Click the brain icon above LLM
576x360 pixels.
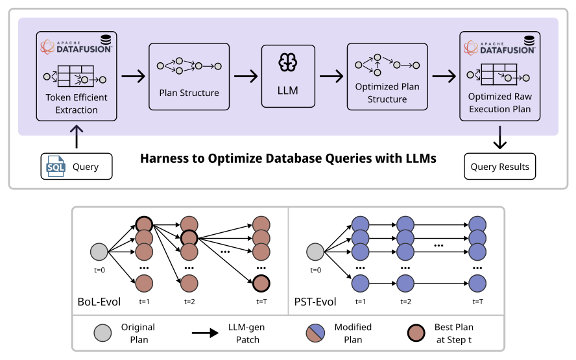[x=287, y=62]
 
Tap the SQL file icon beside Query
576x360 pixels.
[x=56, y=167]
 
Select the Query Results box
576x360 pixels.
[x=499, y=167]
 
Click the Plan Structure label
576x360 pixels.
[x=189, y=93]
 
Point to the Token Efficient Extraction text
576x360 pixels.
[x=76, y=104]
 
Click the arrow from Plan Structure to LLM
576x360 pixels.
[x=245, y=76]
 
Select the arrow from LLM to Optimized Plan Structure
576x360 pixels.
[x=331, y=76]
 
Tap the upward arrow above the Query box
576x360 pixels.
[x=76, y=136]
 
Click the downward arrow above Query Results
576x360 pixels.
[x=499, y=137]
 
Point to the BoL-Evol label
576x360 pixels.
[x=99, y=302]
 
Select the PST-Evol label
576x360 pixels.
[x=315, y=302]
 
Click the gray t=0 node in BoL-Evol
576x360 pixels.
[x=99, y=251]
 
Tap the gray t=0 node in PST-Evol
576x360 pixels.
[x=315, y=251]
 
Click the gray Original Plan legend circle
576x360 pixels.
[x=101, y=333]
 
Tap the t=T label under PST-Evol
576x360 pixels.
[x=477, y=302]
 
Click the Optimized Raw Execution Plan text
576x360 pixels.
[x=499, y=102]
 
